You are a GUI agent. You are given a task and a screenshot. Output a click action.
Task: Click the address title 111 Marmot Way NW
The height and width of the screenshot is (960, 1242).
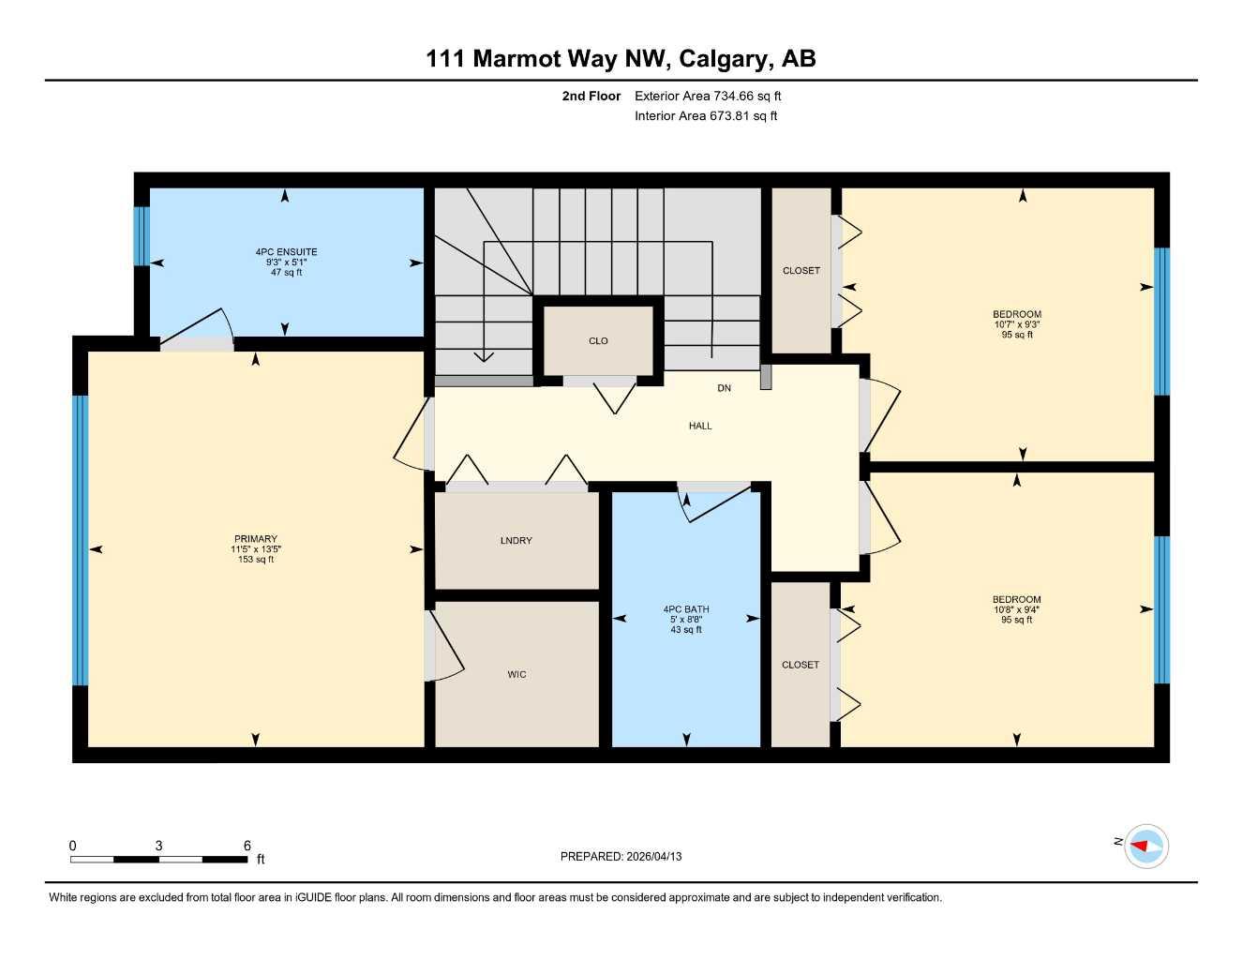coord(621,59)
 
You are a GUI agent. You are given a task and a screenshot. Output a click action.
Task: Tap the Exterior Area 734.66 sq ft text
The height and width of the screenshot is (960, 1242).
coord(708,96)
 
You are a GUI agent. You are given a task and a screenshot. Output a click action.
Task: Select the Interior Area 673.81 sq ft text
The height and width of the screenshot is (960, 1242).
coord(706,116)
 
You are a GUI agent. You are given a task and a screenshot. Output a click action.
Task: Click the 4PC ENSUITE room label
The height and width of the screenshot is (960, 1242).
coord(286,252)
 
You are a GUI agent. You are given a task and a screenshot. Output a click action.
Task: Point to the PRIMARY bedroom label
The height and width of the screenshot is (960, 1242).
coord(256,539)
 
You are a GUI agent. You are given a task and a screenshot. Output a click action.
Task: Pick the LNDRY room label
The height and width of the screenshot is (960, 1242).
coord(516,541)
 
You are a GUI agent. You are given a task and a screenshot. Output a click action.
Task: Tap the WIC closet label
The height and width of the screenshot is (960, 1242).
coord(516,674)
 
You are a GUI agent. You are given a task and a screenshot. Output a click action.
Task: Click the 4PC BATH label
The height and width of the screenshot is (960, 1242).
coord(686,609)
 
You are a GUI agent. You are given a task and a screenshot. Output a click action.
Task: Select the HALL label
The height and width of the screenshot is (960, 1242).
coord(700,426)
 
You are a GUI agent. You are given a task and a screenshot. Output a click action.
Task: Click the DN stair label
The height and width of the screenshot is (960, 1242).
coord(724,388)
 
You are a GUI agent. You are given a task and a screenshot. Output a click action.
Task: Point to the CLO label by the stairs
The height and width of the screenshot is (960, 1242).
coord(598,341)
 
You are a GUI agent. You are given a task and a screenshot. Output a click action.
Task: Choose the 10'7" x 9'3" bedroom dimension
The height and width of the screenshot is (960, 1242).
coord(1017,324)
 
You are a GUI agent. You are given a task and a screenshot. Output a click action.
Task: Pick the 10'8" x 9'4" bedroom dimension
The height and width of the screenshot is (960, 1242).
coord(1017,609)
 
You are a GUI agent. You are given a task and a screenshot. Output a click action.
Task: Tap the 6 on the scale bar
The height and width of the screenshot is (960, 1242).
coord(247,846)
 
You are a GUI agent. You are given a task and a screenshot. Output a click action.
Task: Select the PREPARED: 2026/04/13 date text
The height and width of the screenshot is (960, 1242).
coord(621,856)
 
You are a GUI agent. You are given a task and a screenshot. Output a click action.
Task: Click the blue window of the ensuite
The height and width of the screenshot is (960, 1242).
coord(142,235)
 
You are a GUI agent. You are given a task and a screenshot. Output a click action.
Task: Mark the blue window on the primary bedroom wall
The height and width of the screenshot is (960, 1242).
coord(81,540)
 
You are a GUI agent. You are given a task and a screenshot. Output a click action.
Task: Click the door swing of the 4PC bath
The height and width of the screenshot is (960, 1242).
coord(717,503)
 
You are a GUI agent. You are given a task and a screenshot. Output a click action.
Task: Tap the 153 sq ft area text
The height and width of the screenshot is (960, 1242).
coord(256,560)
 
